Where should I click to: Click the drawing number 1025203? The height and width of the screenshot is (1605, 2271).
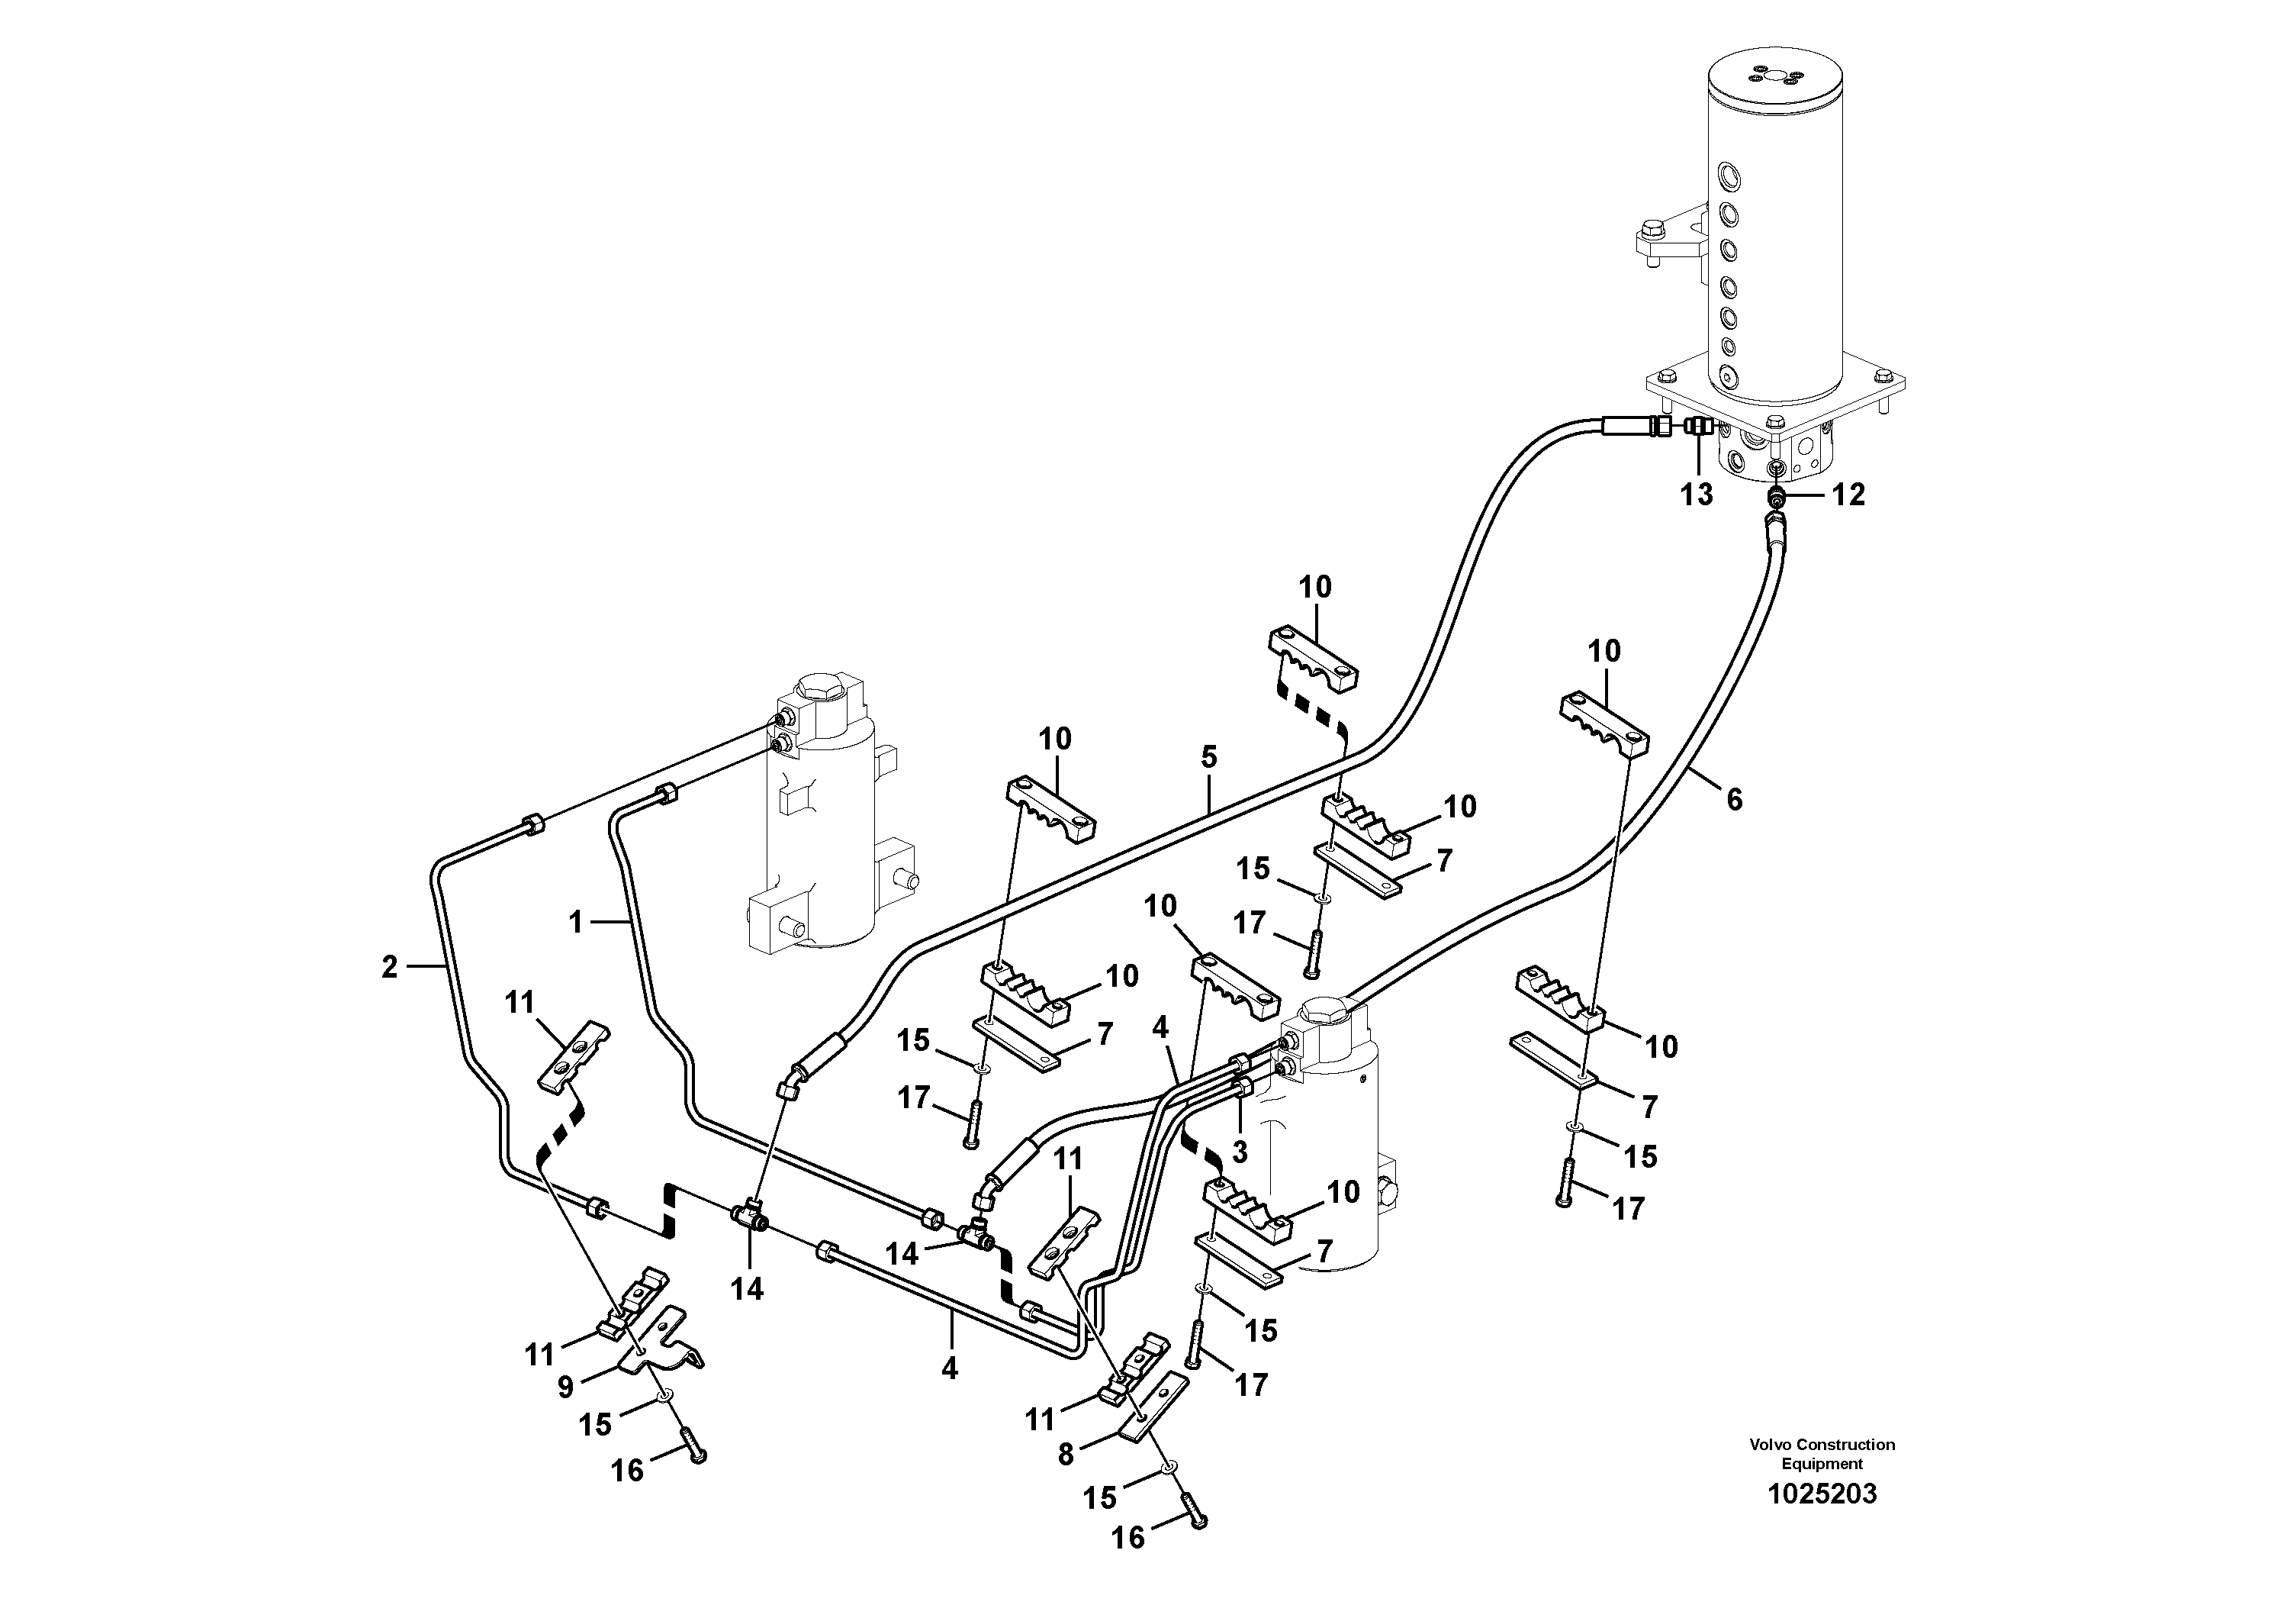tap(1822, 1494)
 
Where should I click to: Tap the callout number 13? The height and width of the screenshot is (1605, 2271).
tap(1697, 495)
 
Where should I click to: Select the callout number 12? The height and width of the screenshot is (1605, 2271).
tap(1848, 495)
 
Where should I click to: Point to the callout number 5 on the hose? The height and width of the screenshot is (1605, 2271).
tap(1208, 759)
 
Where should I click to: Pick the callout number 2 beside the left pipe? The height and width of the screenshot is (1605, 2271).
tap(389, 968)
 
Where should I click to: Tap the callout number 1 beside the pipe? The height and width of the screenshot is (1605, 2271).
tap(577, 922)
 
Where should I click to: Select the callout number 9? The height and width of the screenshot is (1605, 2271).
tap(565, 1387)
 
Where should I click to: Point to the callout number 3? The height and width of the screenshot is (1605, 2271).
tap(1240, 1151)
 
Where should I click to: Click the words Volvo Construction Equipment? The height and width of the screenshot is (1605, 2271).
tap(1822, 1454)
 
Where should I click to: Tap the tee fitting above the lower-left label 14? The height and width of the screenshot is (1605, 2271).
tap(750, 1214)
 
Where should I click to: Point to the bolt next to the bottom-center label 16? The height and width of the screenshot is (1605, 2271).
tap(1194, 1519)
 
